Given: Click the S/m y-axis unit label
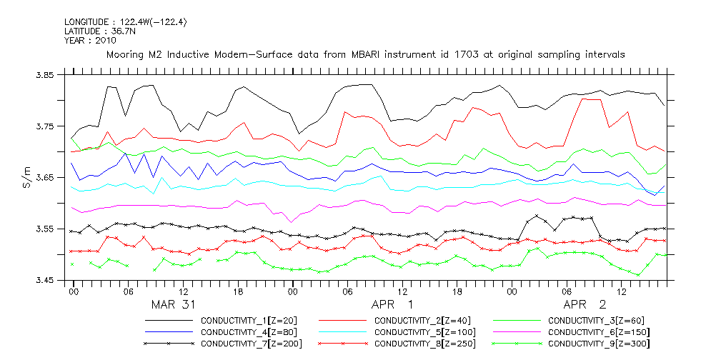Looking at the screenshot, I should pos(27,177).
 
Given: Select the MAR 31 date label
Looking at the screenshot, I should pos(175,304).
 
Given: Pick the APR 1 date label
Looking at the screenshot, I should pos(392,304).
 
